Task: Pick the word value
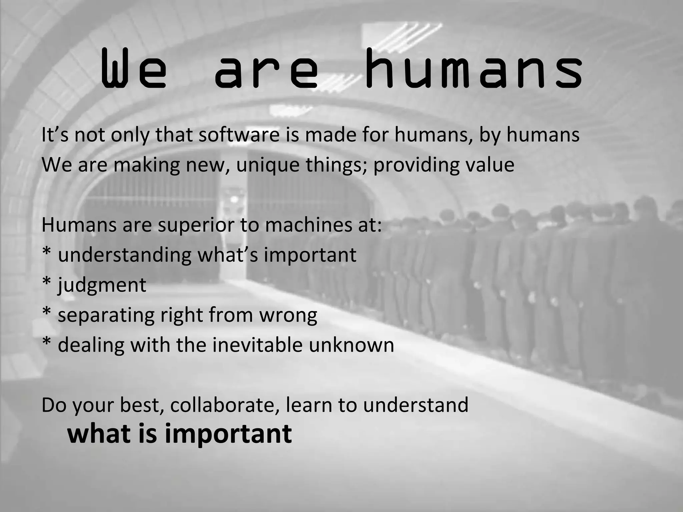tap(490, 165)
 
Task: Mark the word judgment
tap(102, 285)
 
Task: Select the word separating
tap(106, 315)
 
